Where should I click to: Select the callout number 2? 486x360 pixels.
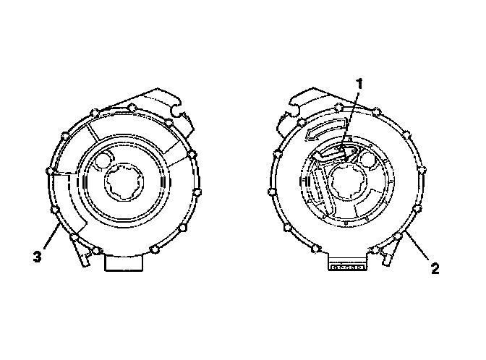(435, 269)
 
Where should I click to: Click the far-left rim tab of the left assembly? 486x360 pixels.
(49, 172)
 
